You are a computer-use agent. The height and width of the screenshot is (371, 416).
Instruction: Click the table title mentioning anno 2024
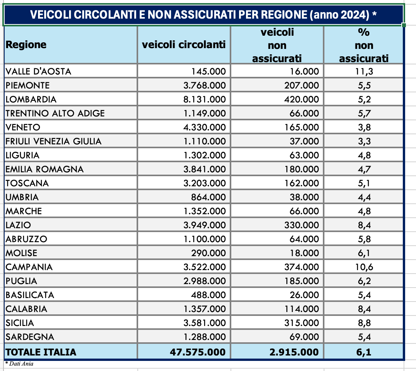point(203,15)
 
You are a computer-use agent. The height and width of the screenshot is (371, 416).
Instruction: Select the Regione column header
point(26,45)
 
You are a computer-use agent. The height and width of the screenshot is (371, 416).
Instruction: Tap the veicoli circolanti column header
point(184,45)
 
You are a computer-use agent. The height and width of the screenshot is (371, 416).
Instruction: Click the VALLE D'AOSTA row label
point(38,71)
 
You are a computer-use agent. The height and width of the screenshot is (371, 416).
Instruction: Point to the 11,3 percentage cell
point(364,71)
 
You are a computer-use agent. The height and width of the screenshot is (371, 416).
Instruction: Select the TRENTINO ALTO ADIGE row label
point(55,113)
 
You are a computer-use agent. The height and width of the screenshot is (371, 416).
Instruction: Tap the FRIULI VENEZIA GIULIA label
point(54,141)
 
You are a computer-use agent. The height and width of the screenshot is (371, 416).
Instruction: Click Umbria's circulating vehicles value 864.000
point(209,197)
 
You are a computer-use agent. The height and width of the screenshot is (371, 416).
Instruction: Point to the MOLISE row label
point(21,253)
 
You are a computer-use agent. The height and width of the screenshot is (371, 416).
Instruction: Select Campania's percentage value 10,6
point(364,267)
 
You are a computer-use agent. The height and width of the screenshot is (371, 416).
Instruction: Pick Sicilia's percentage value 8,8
point(364,323)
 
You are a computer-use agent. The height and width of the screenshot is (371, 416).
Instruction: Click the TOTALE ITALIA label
point(41,352)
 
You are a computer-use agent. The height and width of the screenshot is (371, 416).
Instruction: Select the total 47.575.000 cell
point(198,352)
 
